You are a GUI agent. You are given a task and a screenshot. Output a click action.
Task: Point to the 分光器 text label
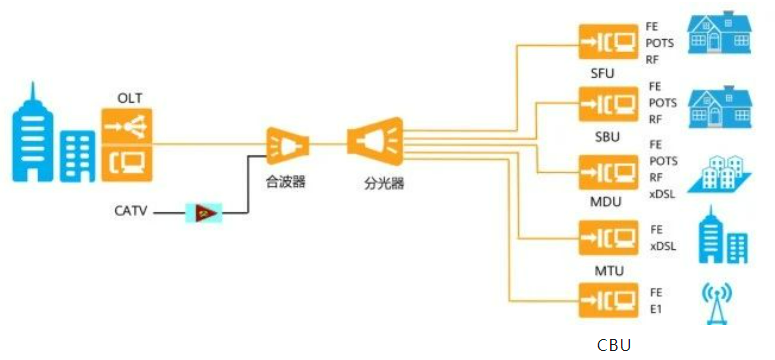click(x=383, y=184)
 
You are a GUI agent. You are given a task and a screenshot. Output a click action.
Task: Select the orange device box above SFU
click(x=609, y=42)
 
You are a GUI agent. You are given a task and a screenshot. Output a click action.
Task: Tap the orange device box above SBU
click(x=609, y=103)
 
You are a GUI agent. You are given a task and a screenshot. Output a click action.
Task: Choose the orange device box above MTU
click(x=609, y=237)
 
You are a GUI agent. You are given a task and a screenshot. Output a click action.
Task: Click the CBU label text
click(x=614, y=345)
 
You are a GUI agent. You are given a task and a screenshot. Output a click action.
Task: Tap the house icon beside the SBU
click(x=719, y=98)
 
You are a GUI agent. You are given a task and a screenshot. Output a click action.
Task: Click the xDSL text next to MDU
click(x=663, y=193)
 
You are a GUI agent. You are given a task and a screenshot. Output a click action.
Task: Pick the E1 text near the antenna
click(x=656, y=309)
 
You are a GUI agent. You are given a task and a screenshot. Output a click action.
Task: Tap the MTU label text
click(x=609, y=272)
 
